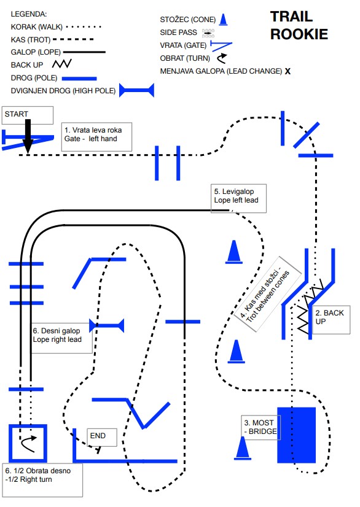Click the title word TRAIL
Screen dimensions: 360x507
[x=291, y=17]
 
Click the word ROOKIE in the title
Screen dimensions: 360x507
[x=299, y=34]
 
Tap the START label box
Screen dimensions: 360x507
[x=28, y=115]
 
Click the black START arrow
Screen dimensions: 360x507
[x=28, y=136]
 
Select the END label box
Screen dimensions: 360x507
[x=101, y=438]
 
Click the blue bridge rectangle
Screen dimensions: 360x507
[x=296, y=435]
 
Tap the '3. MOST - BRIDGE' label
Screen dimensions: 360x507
[x=260, y=427]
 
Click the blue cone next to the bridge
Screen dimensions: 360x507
[x=243, y=448]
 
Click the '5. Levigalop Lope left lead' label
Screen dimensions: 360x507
[x=238, y=198]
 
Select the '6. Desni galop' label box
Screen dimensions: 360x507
[x=61, y=338]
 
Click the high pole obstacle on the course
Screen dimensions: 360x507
[x=106, y=325]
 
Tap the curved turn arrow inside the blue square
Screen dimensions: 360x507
[x=28, y=443]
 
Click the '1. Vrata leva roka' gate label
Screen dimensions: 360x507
[x=96, y=136]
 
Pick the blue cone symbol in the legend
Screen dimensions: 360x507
[x=223, y=20]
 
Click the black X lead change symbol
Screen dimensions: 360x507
[x=288, y=71]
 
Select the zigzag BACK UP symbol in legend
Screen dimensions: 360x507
[x=62, y=64]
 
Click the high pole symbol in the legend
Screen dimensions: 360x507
[x=136, y=90]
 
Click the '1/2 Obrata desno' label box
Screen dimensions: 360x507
[x=42, y=480]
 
